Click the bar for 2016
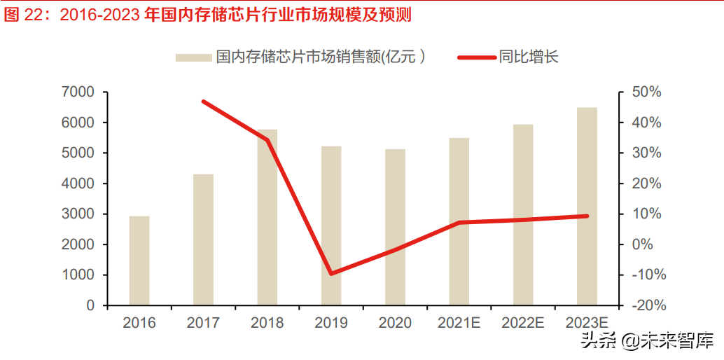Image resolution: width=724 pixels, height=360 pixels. click(139, 261)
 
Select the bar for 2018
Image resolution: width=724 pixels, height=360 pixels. click(267, 217)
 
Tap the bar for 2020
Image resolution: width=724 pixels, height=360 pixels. click(395, 227)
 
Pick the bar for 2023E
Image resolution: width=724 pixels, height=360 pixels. click(587, 207)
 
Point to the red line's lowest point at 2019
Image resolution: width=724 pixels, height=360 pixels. click(331, 273)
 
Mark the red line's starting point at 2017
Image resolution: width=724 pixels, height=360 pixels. click(203, 102)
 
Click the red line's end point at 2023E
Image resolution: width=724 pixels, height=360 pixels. click(587, 216)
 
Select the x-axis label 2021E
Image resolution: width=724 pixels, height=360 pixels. click(459, 323)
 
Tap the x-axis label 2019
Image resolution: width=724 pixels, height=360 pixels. click(331, 323)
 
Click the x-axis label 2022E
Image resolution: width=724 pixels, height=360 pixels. click(523, 323)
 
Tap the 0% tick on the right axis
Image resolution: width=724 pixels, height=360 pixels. click(643, 245)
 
